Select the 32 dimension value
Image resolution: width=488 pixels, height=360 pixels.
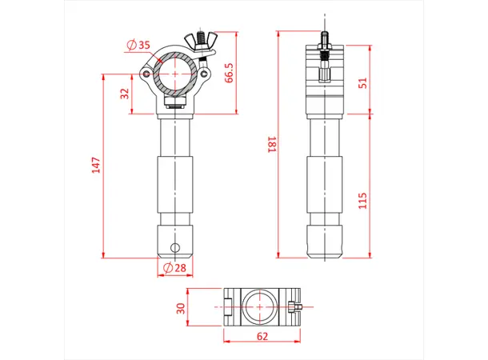pos(125,94)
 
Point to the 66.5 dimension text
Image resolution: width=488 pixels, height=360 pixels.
pos(229,73)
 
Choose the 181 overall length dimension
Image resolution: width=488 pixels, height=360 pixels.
pos(271,145)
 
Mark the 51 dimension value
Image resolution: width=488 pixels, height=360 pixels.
pos(363,83)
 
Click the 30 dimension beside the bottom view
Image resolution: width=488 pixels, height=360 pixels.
pos(181,307)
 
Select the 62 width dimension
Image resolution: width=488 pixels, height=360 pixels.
pos(262,337)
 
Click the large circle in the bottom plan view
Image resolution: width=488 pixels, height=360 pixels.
pos(262,306)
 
